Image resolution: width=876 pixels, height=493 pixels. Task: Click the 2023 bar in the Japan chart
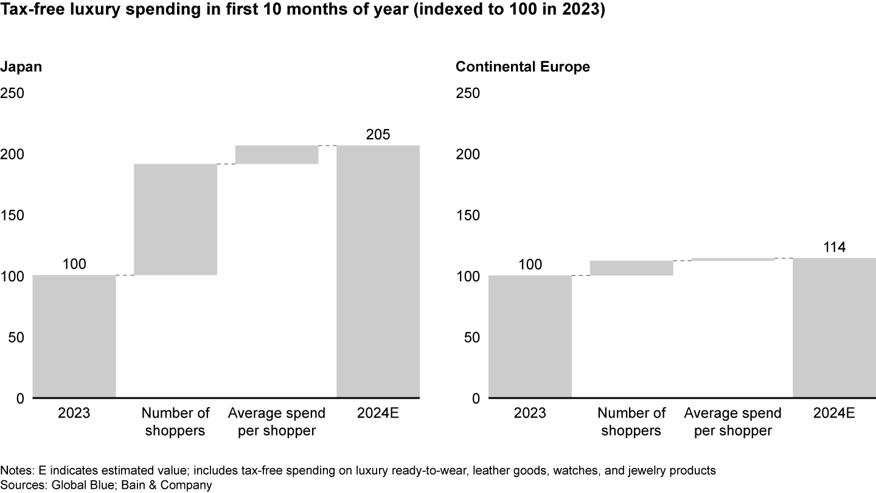click(74, 337)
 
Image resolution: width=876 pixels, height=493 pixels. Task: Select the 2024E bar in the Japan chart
click(378, 271)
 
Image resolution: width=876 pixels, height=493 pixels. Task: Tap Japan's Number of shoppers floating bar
click(175, 219)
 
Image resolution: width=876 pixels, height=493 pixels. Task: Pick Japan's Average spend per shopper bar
click(277, 155)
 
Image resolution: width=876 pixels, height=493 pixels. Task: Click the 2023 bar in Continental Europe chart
click(530, 337)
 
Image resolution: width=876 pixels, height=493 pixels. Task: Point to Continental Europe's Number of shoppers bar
click(631, 268)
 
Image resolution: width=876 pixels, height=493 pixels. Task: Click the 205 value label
click(378, 135)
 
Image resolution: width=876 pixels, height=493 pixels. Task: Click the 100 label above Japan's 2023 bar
click(74, 264)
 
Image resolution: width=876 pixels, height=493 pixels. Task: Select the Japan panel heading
click(21, 67)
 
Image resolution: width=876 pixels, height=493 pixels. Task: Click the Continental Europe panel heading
click(523, 67)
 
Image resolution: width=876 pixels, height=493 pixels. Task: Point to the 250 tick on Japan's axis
click(12, 93)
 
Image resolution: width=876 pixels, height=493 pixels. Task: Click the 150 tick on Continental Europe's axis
click(468, 215)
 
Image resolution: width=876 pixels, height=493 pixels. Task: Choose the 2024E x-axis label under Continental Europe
click(834, 414)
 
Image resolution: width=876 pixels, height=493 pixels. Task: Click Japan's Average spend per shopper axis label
click(277, 422)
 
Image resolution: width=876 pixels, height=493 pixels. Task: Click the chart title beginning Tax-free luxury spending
click(302, 12)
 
